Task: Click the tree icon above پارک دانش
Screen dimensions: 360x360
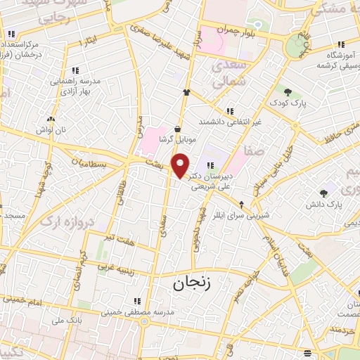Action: click(323, 193)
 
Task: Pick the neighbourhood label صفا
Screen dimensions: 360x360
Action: click(255, 150)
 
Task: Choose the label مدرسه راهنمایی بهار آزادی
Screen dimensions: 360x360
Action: click(75, 86)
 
